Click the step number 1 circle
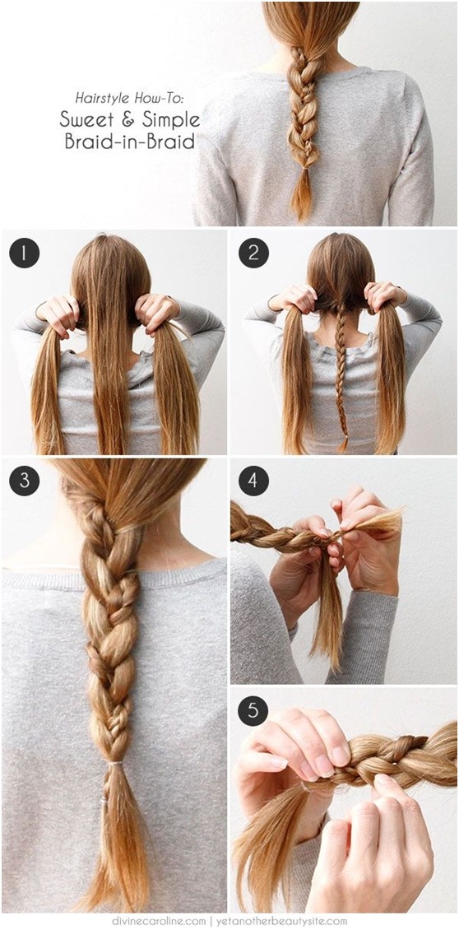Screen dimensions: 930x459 24,252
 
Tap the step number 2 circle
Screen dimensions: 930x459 253,252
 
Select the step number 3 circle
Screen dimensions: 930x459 24,480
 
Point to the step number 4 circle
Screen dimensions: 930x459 253,480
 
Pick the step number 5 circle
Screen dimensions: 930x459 253,709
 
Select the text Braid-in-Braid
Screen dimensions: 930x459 129,141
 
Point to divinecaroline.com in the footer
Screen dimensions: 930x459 160,921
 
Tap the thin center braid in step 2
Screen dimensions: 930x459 340,370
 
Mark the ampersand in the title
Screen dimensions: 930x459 125,119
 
